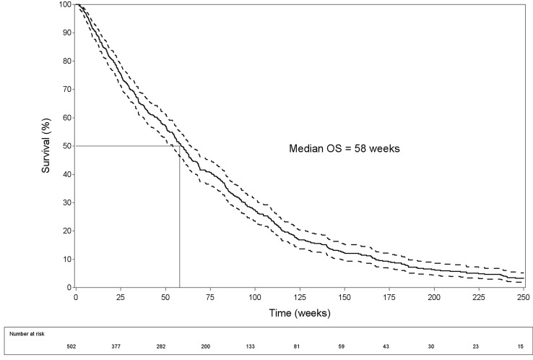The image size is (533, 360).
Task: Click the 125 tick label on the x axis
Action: [300, 296]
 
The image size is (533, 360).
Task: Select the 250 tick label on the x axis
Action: [524, 296]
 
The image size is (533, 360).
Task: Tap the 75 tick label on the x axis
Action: [210, 296]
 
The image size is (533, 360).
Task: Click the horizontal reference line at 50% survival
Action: [126, 146]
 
